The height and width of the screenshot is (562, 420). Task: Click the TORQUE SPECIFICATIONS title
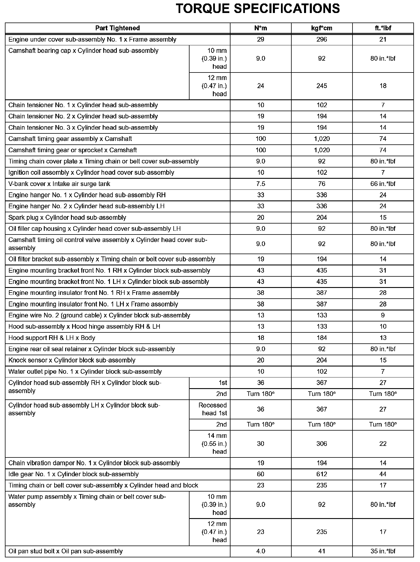click(x=258, y=9)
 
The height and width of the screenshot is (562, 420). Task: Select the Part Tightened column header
click(x=117, y=28)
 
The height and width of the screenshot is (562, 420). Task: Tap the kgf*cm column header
click(x=322, y=28)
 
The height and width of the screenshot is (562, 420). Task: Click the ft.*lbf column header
click(x=383, y=28)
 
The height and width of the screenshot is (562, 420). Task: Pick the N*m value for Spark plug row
click(x=260, y=217)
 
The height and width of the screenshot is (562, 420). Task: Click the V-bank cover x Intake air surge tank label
click(x=59, y=184)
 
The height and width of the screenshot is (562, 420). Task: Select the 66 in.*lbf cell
click(x=383, y=184)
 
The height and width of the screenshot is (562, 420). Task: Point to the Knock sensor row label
click(x=72, y=360)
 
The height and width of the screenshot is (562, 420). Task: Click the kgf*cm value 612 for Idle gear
click(x=322, y=474)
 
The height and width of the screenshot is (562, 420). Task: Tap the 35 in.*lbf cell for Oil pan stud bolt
click(x=383, y=551)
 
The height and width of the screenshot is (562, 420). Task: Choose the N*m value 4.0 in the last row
click(x=260, y=551)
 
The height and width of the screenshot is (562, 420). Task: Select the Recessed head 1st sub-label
click(x=213, y=409)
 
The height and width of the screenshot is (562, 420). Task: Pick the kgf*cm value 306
click(x=322, y=444)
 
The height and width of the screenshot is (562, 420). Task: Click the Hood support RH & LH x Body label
click(x=52, y=338)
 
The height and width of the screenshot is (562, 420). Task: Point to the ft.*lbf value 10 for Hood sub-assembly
click(x=383, y=326)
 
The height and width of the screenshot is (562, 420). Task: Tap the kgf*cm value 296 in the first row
click(x=322, y=39)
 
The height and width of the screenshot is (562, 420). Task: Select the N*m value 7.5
click(x=260, y=184)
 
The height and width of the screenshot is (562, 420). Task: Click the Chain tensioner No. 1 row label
click(x=83, y=105)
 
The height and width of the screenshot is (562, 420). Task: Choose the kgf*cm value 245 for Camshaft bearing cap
click(x=322, y=86)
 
